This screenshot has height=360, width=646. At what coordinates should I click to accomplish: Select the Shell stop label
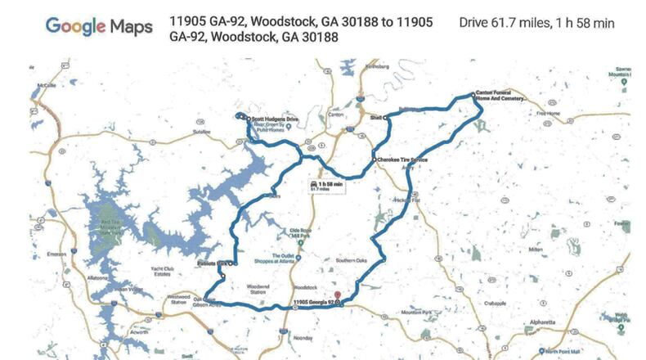(376, 118)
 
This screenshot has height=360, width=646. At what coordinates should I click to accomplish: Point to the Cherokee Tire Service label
(402, 159)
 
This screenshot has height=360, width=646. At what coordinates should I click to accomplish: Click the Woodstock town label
(305, 287)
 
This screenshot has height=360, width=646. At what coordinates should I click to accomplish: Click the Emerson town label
(56, 254)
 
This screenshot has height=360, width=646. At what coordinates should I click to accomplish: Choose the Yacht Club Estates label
(141, 272)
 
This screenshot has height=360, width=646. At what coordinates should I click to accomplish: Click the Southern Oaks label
(352, 262)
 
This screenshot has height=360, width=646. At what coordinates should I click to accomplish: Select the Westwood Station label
(179, 299)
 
